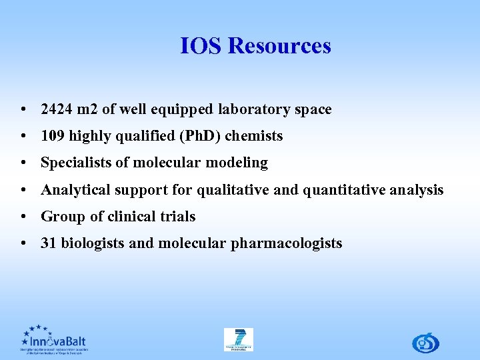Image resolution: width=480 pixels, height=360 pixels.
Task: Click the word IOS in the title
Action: pyautogui.click(x=201, y=46)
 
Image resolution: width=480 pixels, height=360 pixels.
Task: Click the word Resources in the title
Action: pyautogui.click(x=279, y=46)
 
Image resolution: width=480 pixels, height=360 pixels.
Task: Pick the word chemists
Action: pyautogui.click(x=255, y=136)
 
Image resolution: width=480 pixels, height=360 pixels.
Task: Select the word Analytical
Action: pyautogui.click(x=77, y=190)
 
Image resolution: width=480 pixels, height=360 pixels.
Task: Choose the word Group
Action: pyautogui.click(x=61, y=217)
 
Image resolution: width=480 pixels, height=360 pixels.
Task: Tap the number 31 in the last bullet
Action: pyautogui.click(x=49, y=243)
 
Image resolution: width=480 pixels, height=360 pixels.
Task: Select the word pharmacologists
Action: pyautogui.click(x=287, y=243)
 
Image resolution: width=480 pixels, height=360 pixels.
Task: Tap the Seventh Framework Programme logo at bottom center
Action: pyautogui.click(x=239, y=339)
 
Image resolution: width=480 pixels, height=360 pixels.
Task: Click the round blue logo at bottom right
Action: pyautogui.click(x=425, y=342)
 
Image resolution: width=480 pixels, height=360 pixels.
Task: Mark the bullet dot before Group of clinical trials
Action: pyautogui.click(x=24, y=217)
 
